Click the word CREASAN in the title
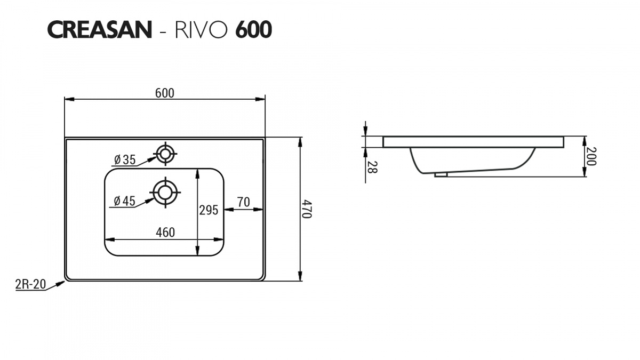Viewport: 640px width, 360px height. coord(100,30)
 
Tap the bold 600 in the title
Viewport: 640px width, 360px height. coord(253,30)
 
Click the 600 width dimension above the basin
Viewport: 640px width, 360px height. coord(165,93)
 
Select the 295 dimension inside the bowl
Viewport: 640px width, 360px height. coord(209,210)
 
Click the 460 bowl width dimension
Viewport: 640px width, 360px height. coord(165,233)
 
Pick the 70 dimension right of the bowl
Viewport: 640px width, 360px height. coord(243,202)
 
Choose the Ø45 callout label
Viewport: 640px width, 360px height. coord(125,201)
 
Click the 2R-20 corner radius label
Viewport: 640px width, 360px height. coord(30,284)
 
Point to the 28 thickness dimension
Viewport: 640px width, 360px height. coord(372,167)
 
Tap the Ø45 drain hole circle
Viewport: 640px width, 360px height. coord(165,192)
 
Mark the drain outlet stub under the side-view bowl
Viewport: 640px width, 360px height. coord(441,174)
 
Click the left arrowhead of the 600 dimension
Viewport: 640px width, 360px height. coord(67,99)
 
